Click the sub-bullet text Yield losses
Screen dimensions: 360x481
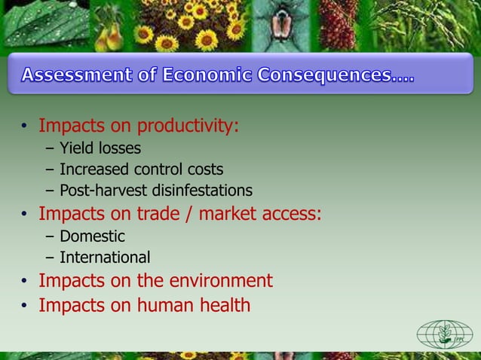[100, 148]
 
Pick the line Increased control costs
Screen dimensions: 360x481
[142, 169]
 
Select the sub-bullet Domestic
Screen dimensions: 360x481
[92, 236]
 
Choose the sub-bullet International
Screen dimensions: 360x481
[105, 258]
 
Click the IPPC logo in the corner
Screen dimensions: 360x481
[445, 334]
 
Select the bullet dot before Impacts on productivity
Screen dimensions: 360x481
[24, 126]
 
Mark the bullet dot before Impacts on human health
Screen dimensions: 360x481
[24, 306]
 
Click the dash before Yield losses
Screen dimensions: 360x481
[49, 148]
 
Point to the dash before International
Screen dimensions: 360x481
[49, 258]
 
